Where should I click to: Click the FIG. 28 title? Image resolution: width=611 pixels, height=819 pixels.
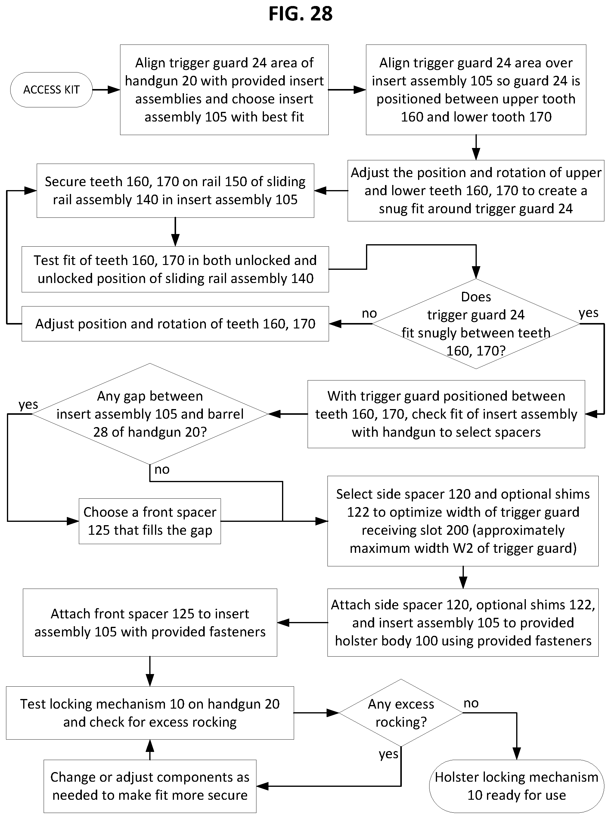(x=300, y=14)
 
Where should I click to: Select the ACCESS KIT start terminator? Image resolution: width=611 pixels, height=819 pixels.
(x=51, y=90)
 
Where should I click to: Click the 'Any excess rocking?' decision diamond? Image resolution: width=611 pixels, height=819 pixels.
(x=401, y=713)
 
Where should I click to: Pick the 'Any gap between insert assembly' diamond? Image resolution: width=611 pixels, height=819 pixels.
(x=150, y=414)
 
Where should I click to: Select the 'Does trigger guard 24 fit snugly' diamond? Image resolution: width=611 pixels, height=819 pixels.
(x=476, y=324)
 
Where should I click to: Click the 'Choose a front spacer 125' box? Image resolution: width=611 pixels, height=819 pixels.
(x=150, y=521)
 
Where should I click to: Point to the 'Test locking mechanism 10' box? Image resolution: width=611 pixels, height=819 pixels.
(x=150, y=713)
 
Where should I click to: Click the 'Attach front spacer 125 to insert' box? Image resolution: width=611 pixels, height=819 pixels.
(x=150, y=623)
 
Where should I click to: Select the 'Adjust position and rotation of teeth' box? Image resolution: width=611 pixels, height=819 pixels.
(x=175, y=324)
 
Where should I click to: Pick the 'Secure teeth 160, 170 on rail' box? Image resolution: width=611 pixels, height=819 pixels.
(x=175, y=191)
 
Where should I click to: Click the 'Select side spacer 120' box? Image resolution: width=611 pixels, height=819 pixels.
(x=463, y=521)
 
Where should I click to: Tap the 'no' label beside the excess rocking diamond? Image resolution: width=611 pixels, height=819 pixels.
(x=471, y=703)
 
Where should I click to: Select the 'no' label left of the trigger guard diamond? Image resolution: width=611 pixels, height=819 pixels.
(x=369, y=313)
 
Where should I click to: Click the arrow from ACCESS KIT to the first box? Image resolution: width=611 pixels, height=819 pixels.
(x=106, y=90)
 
